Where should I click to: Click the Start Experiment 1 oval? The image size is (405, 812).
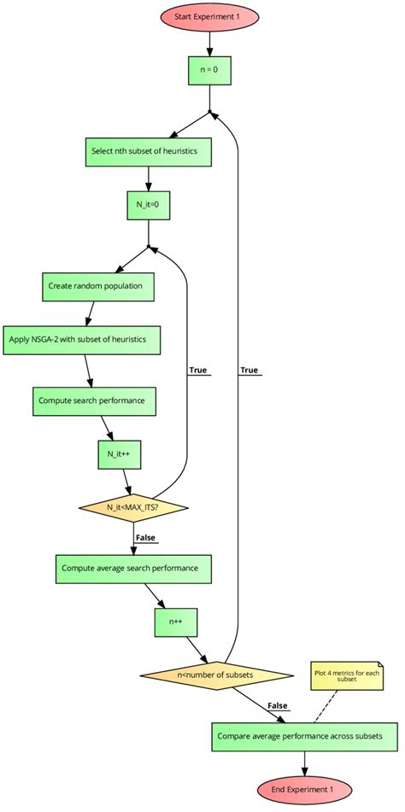pyautogui.click(x=209, y=17)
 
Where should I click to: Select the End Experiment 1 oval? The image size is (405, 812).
pyautogui.click(x=304, y=790)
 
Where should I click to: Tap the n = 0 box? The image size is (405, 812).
pyautogui.click(x=209, y=70)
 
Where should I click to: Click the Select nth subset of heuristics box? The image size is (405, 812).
pyautogui.click(x=149, y=151)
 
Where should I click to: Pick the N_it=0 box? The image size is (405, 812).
pyautogui.click(x=149, y=205)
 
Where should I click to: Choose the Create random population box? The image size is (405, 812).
pyautogui.click(x=98, y=286)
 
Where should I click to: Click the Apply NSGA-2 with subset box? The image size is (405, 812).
pyautogui.click(x=83, y=339)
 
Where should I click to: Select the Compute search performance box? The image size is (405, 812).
pyautogui.click(x=96, y=400)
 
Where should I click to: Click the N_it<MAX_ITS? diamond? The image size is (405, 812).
pyautogui.click(x=133, y=508)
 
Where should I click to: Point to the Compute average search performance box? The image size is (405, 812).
pyautogui.click(x=132, y=568)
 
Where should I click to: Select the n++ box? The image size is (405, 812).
pyautogui.click(x=176, y=622)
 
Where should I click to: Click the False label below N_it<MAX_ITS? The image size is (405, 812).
pyautogui.click(x=145, y=537)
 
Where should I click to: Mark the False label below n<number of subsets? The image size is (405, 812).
pyautogui.click(x=277, y=705)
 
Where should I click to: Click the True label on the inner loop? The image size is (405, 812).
pyautogui.click(x=198, y=371)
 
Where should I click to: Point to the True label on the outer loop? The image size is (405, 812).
pyautogui.click(x=249, y=371)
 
